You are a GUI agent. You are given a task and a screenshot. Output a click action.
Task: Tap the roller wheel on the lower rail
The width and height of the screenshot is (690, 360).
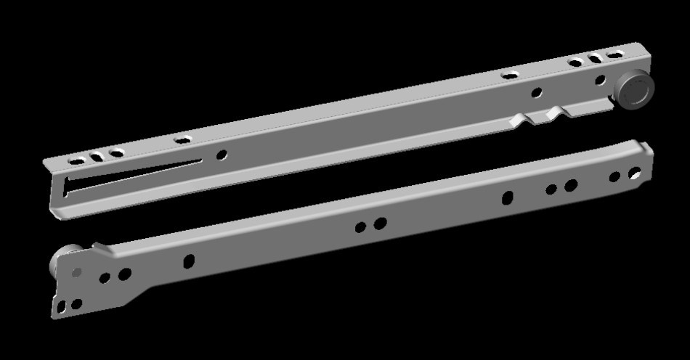coord(59,258)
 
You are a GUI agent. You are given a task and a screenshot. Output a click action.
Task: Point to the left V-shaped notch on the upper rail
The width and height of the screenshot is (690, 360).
coord(521,118)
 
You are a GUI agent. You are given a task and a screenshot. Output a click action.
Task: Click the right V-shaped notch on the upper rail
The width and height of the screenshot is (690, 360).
coord(556,112)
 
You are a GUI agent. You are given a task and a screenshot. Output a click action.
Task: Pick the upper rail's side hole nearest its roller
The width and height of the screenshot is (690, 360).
coord(600,80)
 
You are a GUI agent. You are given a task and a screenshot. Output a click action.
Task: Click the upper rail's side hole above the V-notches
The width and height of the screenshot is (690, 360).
coord(537,92)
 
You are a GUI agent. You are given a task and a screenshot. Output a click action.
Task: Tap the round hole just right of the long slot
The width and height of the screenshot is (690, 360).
coord(222,154)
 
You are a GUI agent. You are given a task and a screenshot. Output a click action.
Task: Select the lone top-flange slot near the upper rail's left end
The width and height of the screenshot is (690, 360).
coord(182,139)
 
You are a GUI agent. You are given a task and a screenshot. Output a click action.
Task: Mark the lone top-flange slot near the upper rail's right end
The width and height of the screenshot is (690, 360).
coord(510,74)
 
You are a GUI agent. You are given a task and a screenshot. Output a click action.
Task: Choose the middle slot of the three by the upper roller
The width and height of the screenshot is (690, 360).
coord(596,59)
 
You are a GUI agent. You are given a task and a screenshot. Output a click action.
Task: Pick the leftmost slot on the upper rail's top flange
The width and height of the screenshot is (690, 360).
coord(75,159)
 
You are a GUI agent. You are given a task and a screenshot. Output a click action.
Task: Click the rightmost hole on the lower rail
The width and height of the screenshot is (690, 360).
coord(635,173)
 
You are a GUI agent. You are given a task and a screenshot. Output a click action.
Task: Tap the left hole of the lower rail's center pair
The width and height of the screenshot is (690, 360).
coord(360,227)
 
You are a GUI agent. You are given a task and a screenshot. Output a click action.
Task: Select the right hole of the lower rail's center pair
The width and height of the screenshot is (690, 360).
coord(380,223)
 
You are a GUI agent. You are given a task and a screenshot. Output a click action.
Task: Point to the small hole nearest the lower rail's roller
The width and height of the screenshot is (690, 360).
coord(76,272)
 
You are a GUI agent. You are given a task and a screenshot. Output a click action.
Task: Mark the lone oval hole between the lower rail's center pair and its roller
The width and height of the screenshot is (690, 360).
coord(189,261)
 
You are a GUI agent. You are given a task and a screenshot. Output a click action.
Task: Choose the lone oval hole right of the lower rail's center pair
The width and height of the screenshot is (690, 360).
coord(508,197)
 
